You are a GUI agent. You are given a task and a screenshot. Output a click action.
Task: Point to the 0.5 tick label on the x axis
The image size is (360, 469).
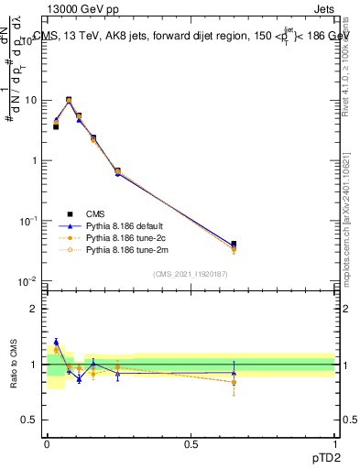pyautogui.click(x=191, y=442)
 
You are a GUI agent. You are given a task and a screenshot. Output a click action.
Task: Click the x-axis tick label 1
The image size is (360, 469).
pyautogui.click(x=334, y=442)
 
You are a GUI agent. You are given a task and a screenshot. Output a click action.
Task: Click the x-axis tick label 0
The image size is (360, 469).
pyautogui.click(x=47, y=442)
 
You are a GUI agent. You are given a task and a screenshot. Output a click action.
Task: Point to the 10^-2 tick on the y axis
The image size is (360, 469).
pyautogui.click(x=28, y=281)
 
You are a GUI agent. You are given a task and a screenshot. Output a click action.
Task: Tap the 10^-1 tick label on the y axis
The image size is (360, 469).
pyautogui.click(x=28, y=221)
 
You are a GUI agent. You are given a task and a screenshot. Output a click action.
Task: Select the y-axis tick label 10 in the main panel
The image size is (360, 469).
pyautogui.click(x=30, y=100)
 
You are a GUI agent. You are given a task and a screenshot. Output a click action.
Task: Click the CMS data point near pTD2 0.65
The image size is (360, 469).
pyautogui.click(x=234, y=245)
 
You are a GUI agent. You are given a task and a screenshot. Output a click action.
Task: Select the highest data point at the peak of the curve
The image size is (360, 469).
pyautogui.click(x=69, y=100)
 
